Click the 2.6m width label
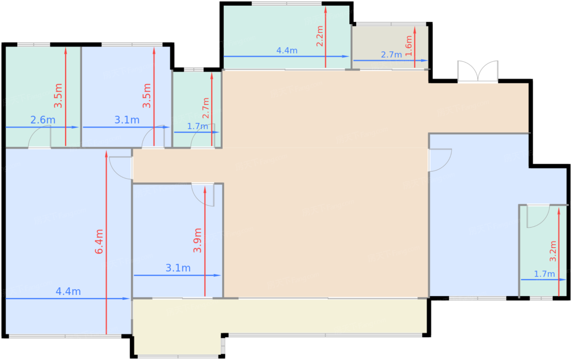(42, 120)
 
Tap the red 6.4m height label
(99, 241)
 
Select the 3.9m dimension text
(198, 240)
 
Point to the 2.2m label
(320, 36)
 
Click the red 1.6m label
(409, 45)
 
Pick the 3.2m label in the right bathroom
(553, 251)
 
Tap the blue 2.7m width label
(391, 54)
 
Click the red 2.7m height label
(206, 108)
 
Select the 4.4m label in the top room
(287, 51)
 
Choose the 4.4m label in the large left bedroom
(68, 291)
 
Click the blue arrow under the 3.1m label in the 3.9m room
(177, 275)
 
